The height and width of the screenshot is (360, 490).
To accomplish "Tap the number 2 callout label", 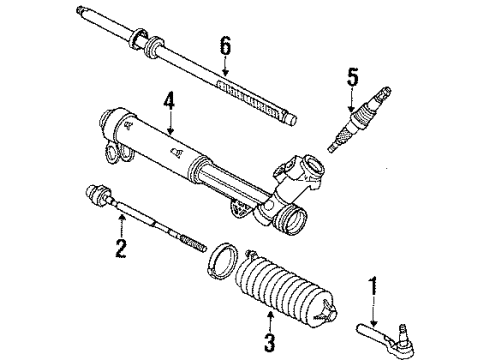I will coord(122,246).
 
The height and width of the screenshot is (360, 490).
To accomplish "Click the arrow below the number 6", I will coord(224,64).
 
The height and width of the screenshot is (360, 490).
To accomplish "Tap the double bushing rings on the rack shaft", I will coord(150,44).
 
